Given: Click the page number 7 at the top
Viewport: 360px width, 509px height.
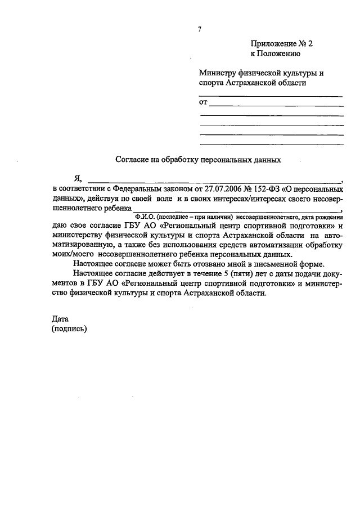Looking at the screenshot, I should [x=199, y=29].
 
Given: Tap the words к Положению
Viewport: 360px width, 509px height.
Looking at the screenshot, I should [x=275, y=54].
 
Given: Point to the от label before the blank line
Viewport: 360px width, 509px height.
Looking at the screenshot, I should [x=204, y=102].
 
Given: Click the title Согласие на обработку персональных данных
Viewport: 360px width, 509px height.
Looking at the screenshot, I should [x=198, y=160].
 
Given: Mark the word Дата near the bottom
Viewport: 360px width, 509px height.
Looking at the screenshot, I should [x=60, y=319].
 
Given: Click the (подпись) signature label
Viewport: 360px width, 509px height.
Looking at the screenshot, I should [x=69, y=328].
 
